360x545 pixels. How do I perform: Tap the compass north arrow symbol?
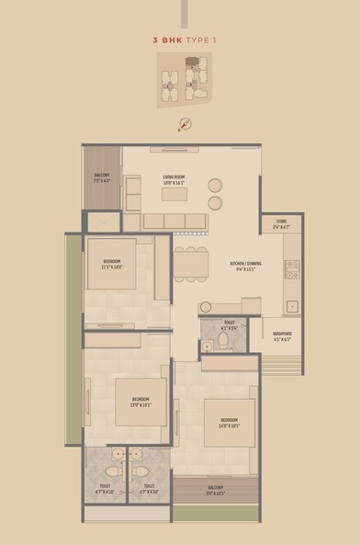click(184, 126)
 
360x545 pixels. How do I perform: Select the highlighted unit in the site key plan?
click(191, 64)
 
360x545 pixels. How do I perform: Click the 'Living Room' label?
click(174, 180)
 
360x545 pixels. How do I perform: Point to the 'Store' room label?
click(281, 222)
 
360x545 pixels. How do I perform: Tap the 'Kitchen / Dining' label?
click(245, 267)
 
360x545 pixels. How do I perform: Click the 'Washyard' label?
click(282, 336)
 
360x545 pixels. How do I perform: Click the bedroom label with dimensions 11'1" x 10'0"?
click(112, 264)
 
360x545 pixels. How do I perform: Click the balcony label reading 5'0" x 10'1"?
click(215, 492)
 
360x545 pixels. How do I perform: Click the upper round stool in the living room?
click(215, 183)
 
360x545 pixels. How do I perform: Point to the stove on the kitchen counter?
click(292, 269)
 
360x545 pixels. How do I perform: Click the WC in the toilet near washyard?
click(224, 343)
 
